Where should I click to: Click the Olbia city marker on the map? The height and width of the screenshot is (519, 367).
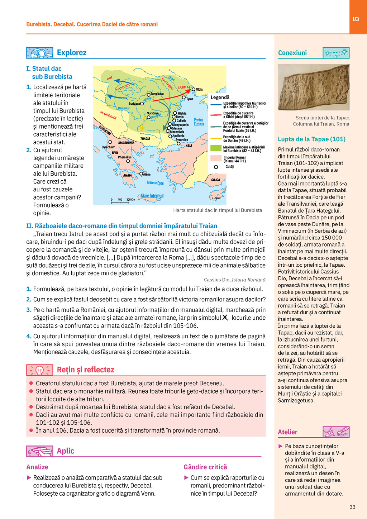194,89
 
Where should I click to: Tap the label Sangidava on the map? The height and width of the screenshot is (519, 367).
157,94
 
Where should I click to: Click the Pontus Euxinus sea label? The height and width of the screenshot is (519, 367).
199,122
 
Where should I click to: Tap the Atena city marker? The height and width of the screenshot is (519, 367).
141,174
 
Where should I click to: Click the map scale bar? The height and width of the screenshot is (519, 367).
120,202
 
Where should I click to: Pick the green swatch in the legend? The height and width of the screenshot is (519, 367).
216,148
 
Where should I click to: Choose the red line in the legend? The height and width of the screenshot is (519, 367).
216,115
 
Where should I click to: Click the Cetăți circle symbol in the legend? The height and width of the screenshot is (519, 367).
216,167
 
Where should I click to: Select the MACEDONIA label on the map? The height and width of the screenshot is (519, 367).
126,143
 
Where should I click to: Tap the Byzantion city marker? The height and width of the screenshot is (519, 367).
178,143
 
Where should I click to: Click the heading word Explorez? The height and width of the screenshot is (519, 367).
72,53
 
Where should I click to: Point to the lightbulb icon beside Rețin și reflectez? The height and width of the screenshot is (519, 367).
39,370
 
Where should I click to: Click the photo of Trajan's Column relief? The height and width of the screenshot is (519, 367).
314,87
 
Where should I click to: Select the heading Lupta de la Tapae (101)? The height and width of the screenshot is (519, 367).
312,139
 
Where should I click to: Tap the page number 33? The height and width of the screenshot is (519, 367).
352,507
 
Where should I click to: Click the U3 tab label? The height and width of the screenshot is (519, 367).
356,19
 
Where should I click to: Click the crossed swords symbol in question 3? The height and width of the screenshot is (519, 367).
225,317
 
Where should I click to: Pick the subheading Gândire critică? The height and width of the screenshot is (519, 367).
205,467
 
